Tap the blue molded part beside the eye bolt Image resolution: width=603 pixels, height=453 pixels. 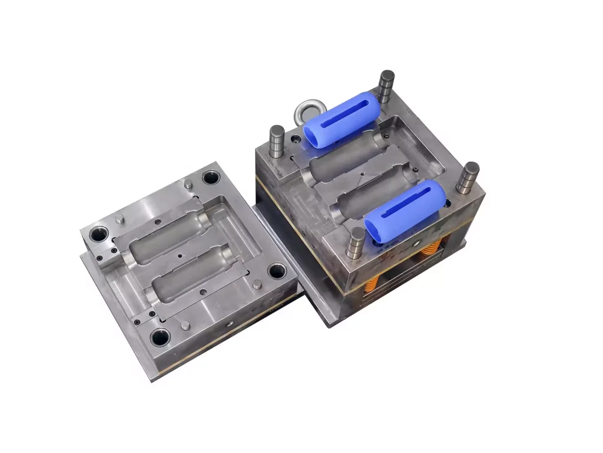[x=342, y=123]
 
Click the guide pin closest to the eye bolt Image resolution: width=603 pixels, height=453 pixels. [x=277, y=142]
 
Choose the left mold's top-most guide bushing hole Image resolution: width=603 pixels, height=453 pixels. [x=211, y=177]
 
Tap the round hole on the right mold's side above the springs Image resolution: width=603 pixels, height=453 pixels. [x=417, y=243]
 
